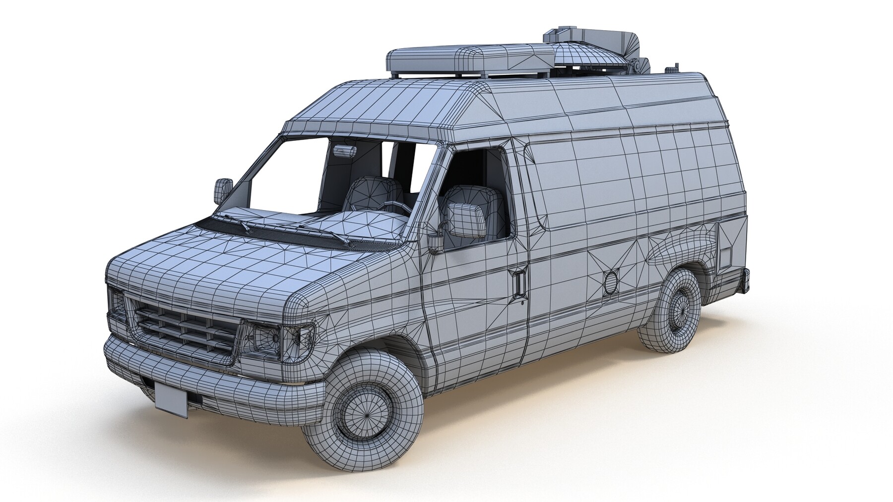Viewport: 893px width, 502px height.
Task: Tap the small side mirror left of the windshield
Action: tap(223, 190)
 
